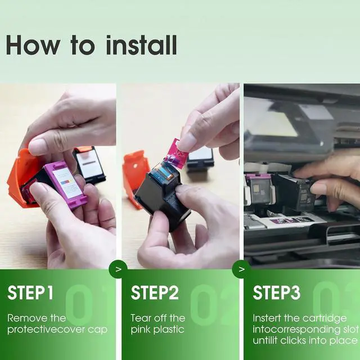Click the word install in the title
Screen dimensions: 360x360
point(141,45)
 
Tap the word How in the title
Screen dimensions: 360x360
point(33,45)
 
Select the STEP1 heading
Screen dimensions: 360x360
point(30,292)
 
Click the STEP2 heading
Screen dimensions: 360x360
point(155,292)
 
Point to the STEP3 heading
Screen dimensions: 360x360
point(276,292)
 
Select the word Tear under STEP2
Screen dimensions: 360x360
point(141,318)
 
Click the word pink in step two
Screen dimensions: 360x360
point(141,330)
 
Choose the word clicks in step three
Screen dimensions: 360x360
point(293,340)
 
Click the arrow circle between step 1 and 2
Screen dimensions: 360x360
point(118,269)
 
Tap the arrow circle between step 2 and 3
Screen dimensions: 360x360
point(241,269)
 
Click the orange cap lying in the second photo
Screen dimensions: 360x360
point(136,174)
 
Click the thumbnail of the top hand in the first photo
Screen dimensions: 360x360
point(36,147)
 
